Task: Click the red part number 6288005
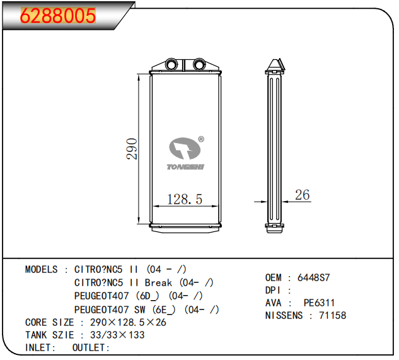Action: (x=58, y=16)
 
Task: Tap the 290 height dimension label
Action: (x=132, y=149)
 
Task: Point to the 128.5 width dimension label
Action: (x=185, y=199)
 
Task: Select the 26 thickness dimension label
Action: (x=303, y=195)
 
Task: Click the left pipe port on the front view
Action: (x=170, y=64)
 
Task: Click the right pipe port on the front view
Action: (x=199, y=64)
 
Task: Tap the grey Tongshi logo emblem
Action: (x=185, y=148)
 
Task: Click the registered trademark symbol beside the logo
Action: (x=201, y=139)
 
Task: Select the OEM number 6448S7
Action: (x=313, y=277)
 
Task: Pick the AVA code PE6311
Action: (x=319, y=303)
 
